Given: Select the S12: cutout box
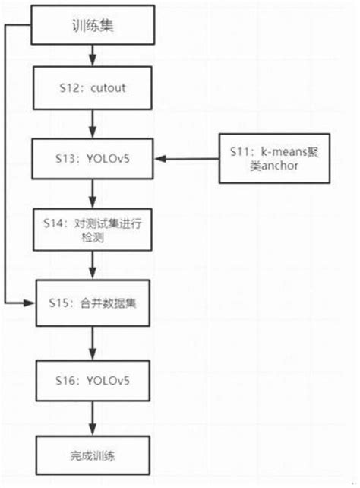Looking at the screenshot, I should pyautogui.click(x=92, y=89).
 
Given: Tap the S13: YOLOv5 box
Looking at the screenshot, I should pyautogui.click(x=92, y=159).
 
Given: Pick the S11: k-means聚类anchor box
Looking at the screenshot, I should pyautogui.click(x=267, y=159).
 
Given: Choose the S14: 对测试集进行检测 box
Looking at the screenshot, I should pyautogui.click(x=92, y=230).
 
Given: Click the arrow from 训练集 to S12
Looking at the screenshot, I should pyautogui.click(x=92, y=55).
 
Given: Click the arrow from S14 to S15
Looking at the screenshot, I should pyautogui.click(x=92, y=265).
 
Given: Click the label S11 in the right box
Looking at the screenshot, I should pyautogui.click(x=238, y=152).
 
